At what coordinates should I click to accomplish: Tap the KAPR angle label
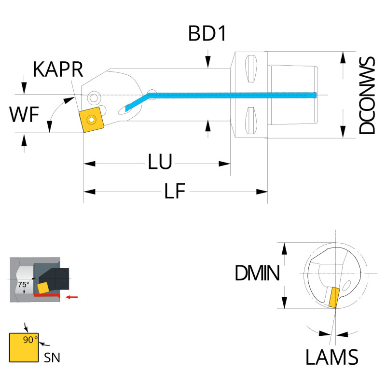58,70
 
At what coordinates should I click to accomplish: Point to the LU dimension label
160,163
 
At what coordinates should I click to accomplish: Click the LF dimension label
175,192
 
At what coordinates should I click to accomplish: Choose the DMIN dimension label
257,275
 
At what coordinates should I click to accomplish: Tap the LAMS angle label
332,358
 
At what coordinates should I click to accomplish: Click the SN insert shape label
52,358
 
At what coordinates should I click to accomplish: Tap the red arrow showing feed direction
72,296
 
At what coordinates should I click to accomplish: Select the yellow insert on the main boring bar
91,119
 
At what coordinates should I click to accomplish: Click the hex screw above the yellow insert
95,98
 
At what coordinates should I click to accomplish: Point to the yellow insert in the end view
333,297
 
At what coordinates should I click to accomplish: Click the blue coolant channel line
232,95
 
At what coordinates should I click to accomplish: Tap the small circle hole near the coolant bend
152,92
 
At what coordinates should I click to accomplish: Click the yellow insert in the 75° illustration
43,288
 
